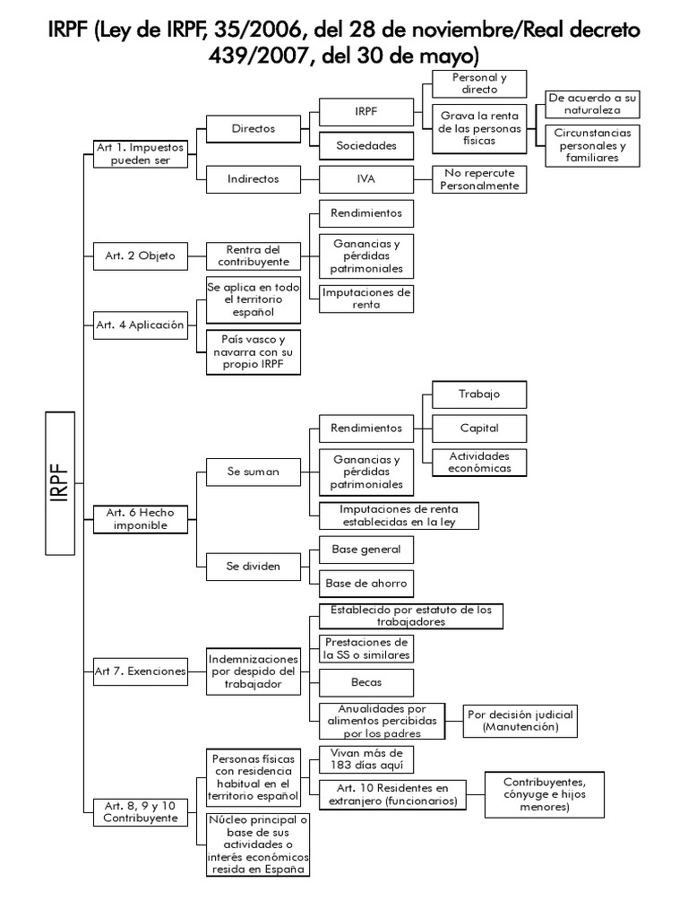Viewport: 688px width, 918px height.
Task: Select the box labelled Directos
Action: point(253,129)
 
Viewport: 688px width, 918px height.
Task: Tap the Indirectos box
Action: point(253,178)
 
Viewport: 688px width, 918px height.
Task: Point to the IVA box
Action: point(366,178)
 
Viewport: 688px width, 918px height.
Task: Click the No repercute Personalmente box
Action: point(478,179)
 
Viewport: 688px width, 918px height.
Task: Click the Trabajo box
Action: point(479,394)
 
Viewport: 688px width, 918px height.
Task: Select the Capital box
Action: point(479,428)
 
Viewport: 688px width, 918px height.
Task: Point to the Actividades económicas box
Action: point(479,462)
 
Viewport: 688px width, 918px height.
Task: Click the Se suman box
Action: point(253,471)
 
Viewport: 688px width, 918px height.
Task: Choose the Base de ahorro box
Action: point(366,583)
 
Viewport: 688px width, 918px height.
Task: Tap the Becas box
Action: point(366,683)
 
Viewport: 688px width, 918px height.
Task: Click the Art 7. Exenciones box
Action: point(140,671)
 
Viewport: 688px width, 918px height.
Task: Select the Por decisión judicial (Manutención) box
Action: point(520,722)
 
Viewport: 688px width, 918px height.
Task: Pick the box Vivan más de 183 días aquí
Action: point(366,759)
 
